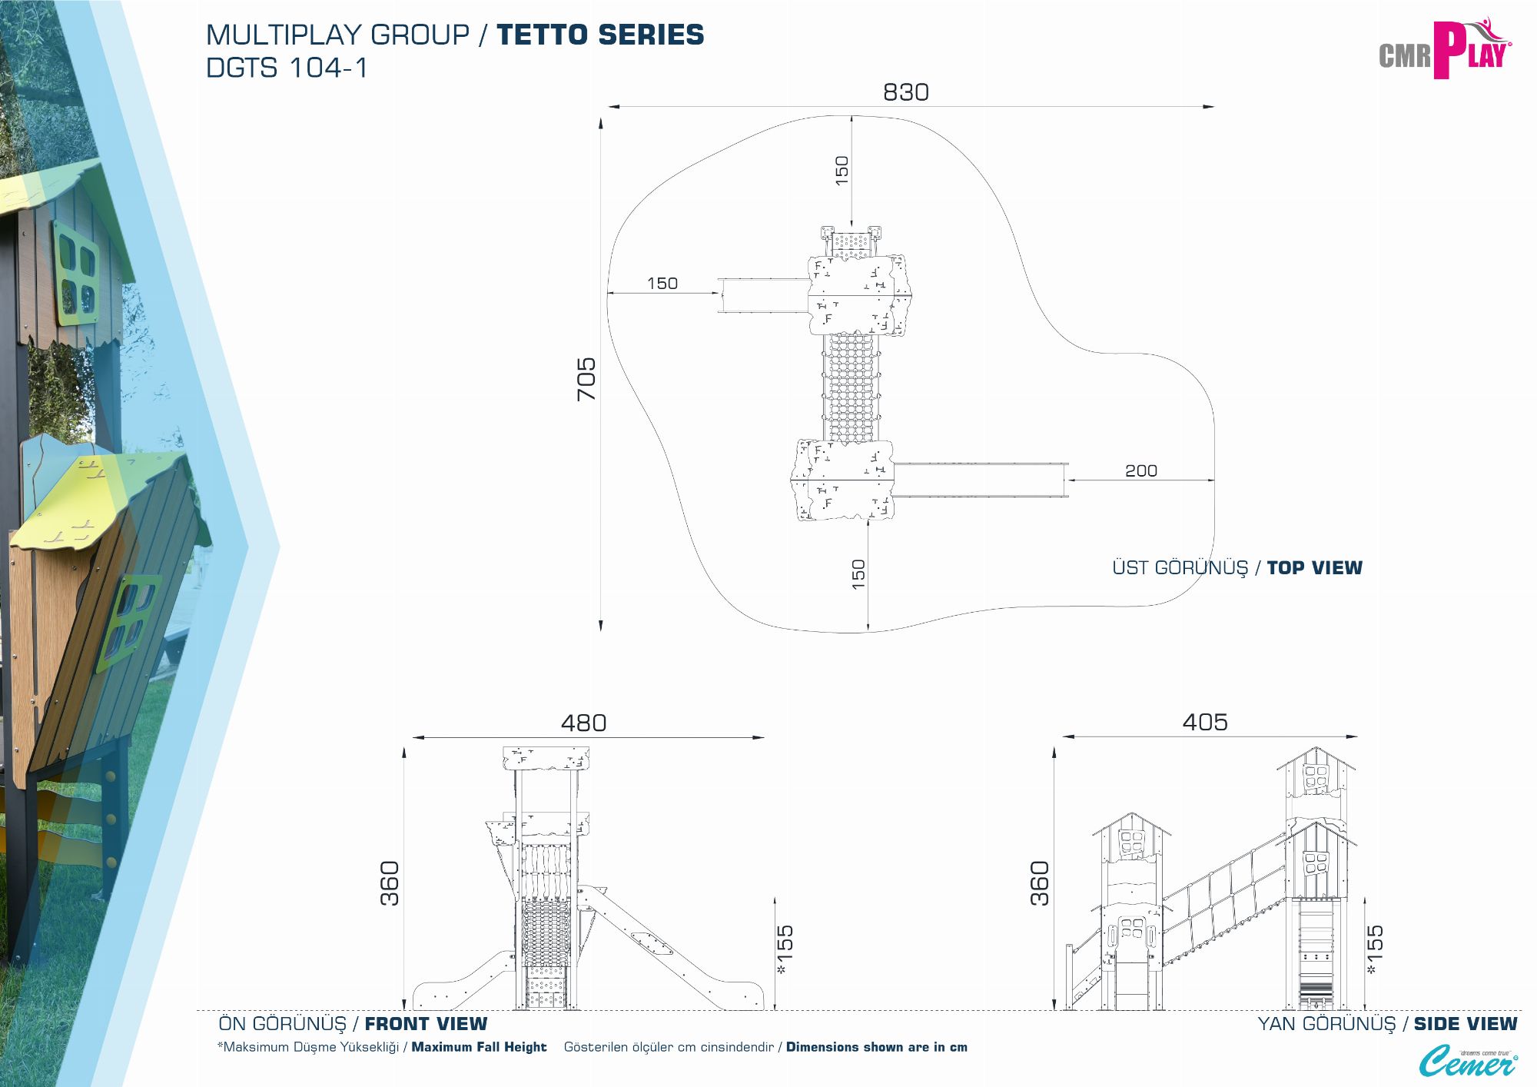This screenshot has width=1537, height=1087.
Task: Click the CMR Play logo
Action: (1444, 51)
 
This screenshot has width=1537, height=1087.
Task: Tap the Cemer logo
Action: (1467, 1062)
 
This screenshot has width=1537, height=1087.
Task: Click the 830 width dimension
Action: (905, 92)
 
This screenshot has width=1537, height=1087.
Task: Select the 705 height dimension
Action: (586, 378)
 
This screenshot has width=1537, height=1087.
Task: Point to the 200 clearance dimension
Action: (1140, 470)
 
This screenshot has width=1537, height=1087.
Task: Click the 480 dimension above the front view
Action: (583, 723)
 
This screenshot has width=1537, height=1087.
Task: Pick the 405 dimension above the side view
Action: (1204, 722)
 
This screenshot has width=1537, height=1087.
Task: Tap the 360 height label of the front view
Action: (390, 883)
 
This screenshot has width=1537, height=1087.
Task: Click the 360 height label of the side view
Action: (1039, 883)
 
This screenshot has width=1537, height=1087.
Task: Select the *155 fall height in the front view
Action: (785, 950)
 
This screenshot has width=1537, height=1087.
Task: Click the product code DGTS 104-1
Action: (287, 68)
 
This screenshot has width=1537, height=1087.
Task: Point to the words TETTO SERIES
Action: (600, 35)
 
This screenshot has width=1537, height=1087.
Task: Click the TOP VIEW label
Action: (1314, 568)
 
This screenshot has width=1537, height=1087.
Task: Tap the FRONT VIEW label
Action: (426, 1024)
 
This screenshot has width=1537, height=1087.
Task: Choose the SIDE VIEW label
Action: (1465, 1024)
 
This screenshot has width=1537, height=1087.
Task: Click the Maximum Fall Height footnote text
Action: (479, 1047)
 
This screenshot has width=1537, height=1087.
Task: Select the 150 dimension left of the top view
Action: (662, 284)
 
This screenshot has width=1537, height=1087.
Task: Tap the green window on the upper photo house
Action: (76, 273)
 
